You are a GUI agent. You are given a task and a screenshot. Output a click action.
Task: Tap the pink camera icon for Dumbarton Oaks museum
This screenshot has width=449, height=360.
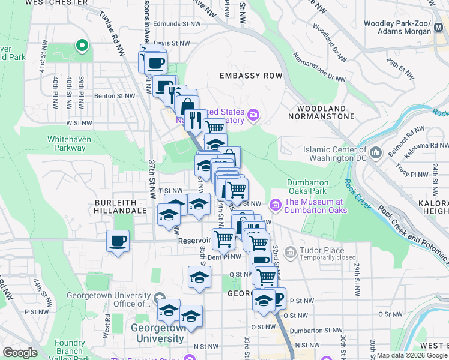(276, 205)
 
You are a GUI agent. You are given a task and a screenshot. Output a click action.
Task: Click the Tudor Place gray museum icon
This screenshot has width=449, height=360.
(291, 252)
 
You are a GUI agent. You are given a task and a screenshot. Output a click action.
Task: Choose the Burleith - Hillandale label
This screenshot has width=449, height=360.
(120, 206)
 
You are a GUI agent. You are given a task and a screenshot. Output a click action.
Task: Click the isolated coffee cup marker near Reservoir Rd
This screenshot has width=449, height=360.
(117, 242)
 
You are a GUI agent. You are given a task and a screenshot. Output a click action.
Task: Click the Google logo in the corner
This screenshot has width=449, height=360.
(20, 353)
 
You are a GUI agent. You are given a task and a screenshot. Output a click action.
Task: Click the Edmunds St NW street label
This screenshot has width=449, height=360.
(176, 25)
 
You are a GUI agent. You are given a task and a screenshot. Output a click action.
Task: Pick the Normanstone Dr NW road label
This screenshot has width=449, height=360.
(319, 67)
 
